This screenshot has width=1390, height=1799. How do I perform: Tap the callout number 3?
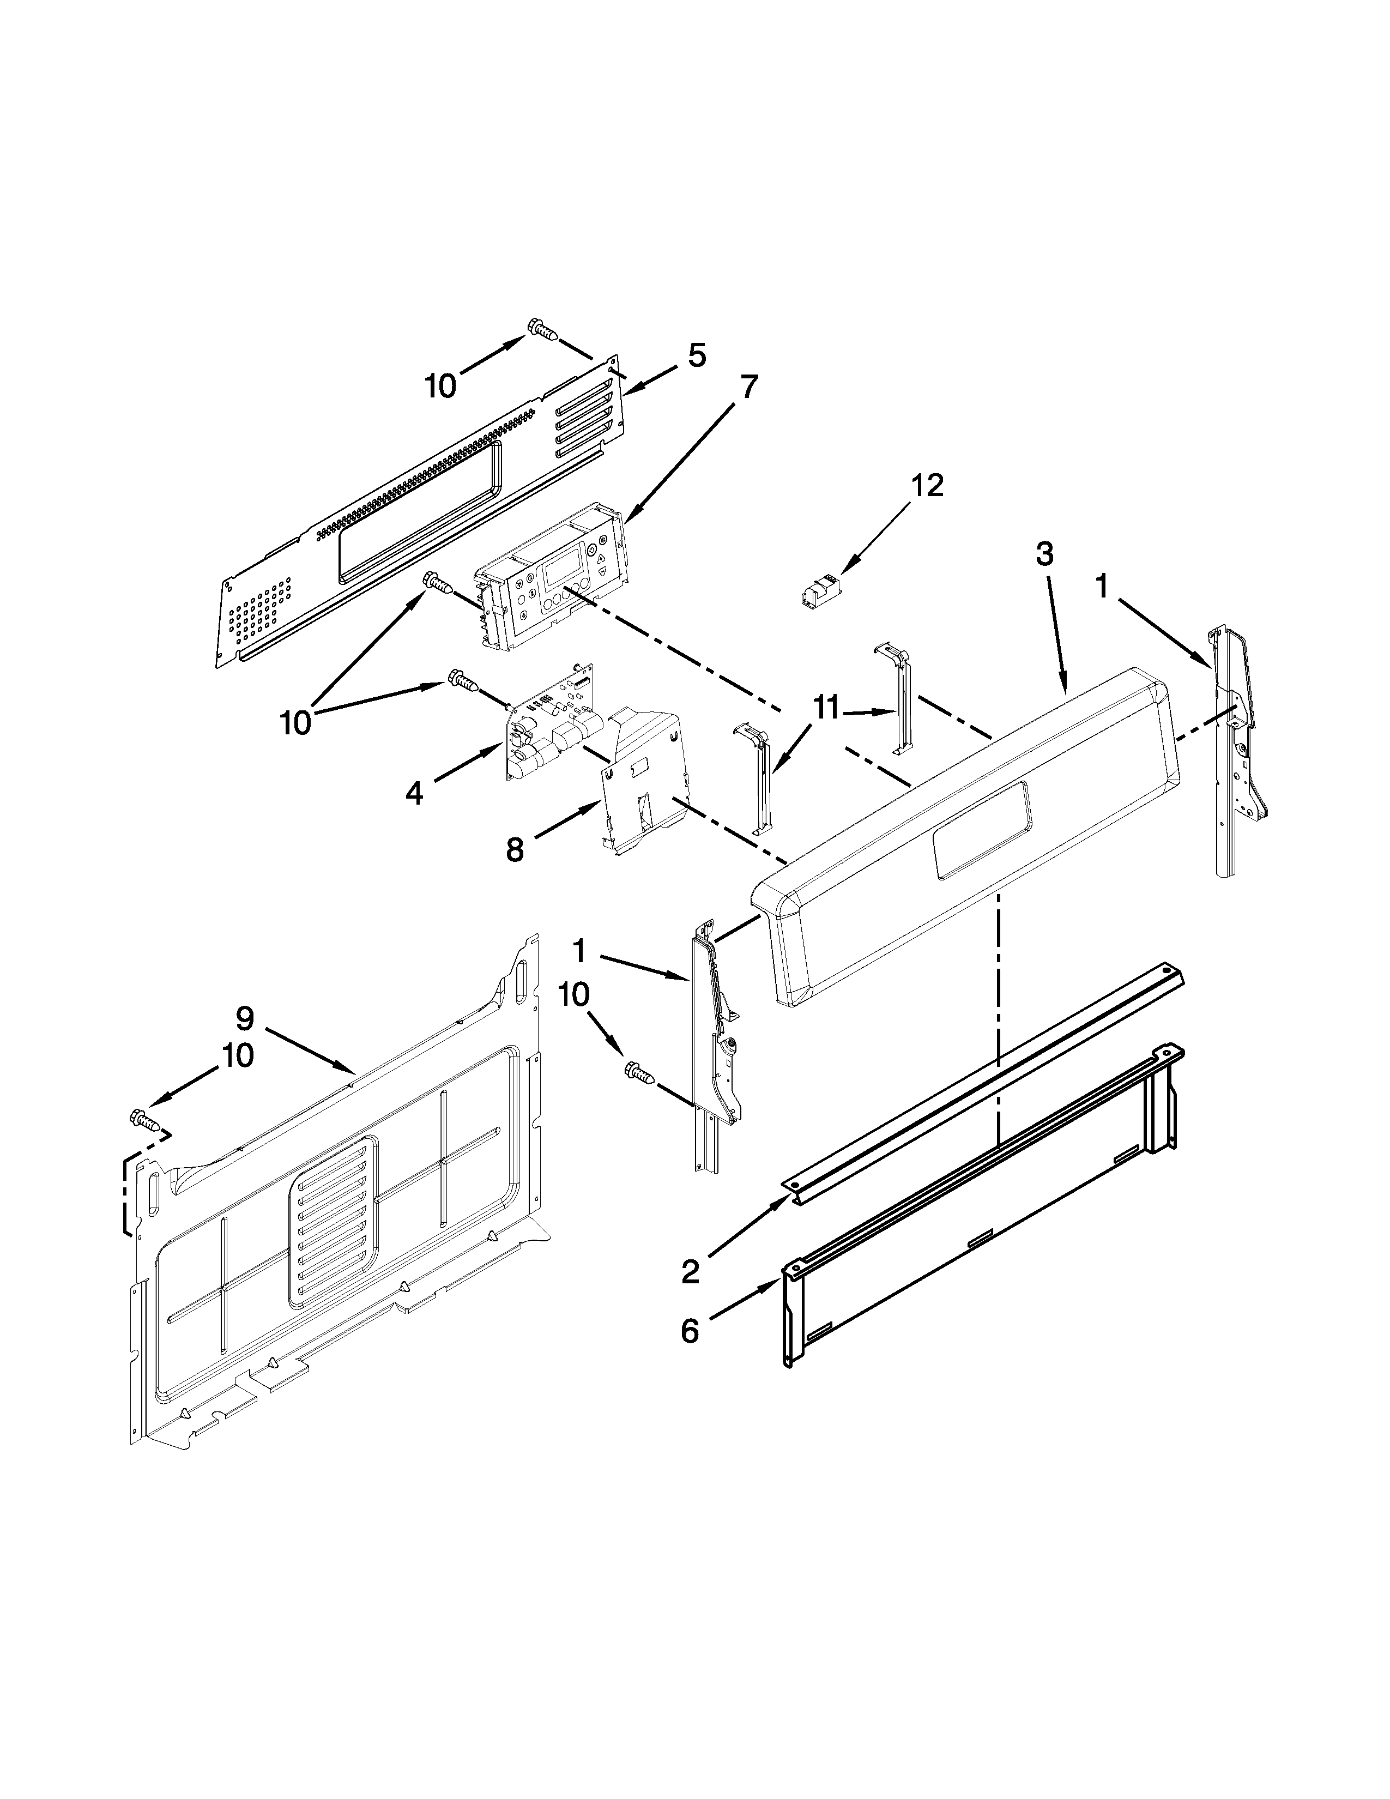[1044, 554]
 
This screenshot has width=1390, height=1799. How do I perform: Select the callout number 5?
[697, 356]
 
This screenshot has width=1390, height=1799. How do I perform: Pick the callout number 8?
[515, 849]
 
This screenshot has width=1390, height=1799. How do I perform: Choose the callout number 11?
[825, 706]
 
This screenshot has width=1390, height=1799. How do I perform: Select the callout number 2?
[690, 1272]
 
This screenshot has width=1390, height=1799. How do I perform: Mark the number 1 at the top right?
[1102, 587]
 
